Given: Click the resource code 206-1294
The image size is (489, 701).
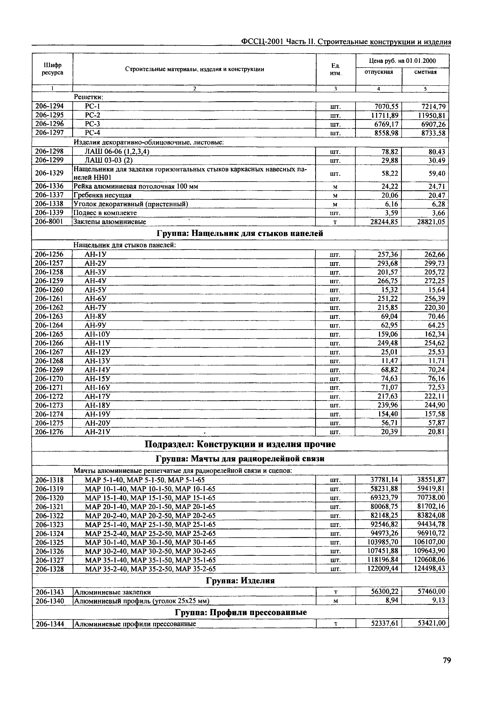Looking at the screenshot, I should point(49,106).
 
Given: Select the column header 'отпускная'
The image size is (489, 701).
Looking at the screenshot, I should point(379,72).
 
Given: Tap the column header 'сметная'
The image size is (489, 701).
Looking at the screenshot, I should point(425,72).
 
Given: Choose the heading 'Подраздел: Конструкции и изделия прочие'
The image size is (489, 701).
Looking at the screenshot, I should point(240,444).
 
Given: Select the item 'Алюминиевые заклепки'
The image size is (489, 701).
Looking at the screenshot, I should point(112,592).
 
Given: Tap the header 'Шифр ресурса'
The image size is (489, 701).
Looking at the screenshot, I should point(53,69).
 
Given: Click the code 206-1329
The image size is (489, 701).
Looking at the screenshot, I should point(49,173).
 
